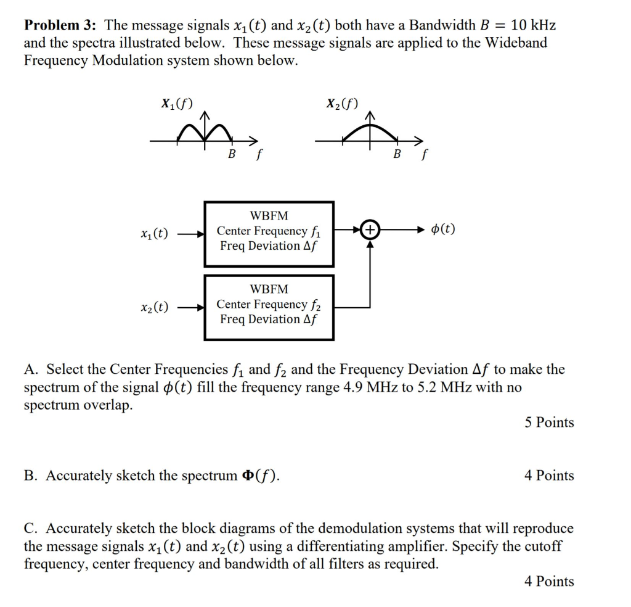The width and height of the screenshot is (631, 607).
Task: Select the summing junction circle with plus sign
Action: tap(370, 230)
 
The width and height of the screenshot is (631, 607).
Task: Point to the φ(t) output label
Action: tap(443, 229)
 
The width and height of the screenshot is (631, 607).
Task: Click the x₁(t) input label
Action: tap(154, 234)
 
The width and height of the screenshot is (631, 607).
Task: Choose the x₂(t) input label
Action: tap(154, 307)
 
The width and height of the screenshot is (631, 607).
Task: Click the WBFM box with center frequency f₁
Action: tap(269, 234)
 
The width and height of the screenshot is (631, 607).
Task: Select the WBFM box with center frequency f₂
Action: tap(269, 307)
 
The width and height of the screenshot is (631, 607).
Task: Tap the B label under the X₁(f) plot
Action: tap(232, 154)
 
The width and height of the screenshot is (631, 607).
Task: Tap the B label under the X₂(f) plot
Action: tap(397, 154)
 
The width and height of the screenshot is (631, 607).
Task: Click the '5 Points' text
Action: tap(549, 423)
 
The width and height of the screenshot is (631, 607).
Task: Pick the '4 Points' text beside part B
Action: tap(549, 476)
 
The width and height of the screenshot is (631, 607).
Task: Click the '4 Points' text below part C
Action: tap(549, 582)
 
